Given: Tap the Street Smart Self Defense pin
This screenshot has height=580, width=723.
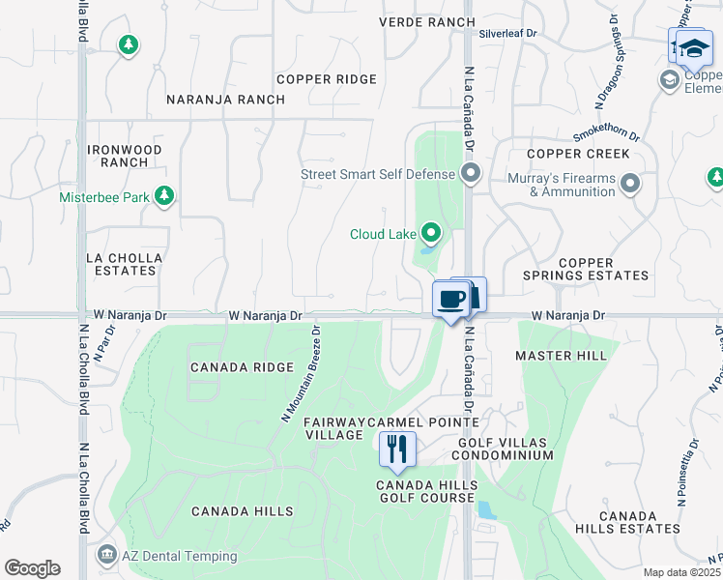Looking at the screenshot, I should click(x=471, y=174).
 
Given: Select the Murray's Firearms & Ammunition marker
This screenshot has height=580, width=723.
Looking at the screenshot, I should click(x=631, y=183).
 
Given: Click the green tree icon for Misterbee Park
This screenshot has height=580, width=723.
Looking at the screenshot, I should click(x=164, y=197).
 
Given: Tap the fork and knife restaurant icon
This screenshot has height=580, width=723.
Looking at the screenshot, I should click(x=396, y=449).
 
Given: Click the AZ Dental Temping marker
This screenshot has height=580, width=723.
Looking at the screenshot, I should click(x=106, y=556).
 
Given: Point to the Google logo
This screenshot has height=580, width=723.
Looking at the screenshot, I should click(x=32, y=568).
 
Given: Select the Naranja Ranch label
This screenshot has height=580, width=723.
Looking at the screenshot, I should click(x=225, y=100).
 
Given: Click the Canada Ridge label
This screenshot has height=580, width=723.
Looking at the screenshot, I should click(x=242, y=367).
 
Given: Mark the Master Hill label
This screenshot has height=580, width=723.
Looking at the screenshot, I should click(x=561, y=356).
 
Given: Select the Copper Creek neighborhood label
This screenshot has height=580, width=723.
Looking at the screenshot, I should click(x=578, y=154).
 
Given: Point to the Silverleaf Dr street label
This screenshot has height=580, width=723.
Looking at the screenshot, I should click(x=508, y=33).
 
